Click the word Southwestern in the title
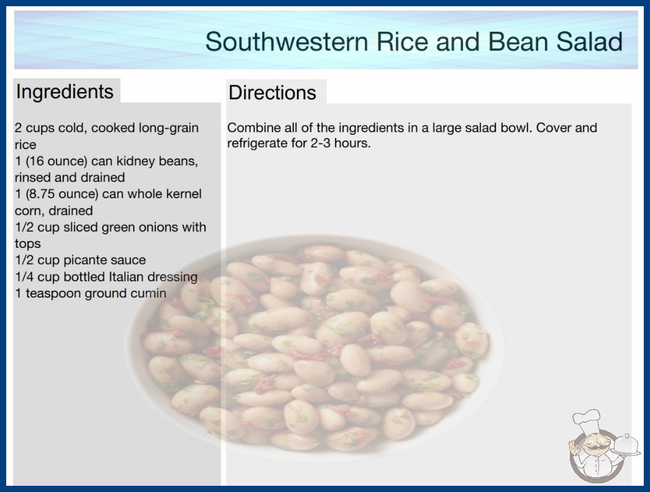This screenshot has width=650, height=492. pos(286,42)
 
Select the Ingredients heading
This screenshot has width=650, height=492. pos(65,92)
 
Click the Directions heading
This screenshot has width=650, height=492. pos(272,93)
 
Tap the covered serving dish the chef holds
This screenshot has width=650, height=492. pos(625,444)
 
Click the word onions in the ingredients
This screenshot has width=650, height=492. pos(160,227)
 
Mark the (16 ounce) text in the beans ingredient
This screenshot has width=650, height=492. pos(57,161)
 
